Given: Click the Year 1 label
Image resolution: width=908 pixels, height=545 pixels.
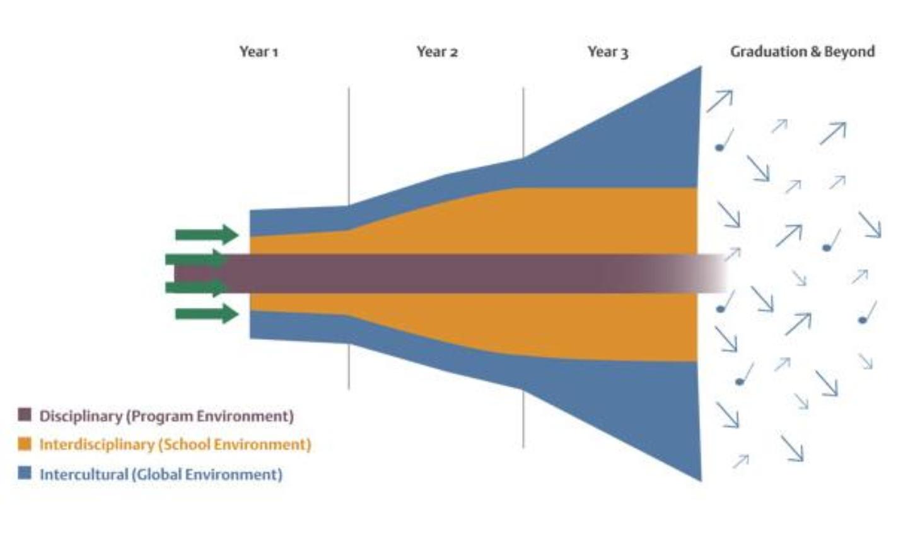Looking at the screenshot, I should pos(259,52).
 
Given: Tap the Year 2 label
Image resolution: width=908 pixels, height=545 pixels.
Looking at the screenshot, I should pos(437,52).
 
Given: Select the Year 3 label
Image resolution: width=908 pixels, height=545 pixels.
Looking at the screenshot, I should pos(608,52).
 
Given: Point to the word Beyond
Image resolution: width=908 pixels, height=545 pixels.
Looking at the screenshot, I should pos(849,52).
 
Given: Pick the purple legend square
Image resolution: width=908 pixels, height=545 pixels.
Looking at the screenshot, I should pos(25,415).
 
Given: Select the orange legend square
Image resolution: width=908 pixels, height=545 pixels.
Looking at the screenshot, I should pos(25,444).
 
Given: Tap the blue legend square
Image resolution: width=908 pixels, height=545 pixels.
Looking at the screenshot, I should pos(25,473).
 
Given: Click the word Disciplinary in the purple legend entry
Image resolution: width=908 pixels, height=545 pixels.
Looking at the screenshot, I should pos(81,416).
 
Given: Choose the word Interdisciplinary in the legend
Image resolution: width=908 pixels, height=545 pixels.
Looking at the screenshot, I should pos(96,445).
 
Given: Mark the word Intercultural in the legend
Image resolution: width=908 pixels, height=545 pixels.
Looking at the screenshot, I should pos(83,474).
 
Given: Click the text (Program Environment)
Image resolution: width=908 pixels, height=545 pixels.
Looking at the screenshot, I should pos(210,416).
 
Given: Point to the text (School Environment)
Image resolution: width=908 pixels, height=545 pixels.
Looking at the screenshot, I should pos(235,445).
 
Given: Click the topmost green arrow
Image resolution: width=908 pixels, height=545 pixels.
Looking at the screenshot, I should pos(206,235).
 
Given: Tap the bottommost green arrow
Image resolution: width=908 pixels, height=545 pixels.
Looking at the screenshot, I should pos(206,314).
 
